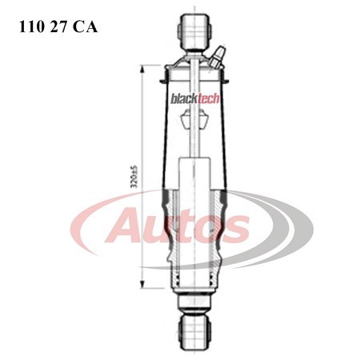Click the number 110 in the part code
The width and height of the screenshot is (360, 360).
[30, 26]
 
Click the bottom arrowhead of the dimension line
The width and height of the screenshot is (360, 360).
[142, 286]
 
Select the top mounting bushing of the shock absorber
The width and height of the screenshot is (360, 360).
[193, 30]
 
